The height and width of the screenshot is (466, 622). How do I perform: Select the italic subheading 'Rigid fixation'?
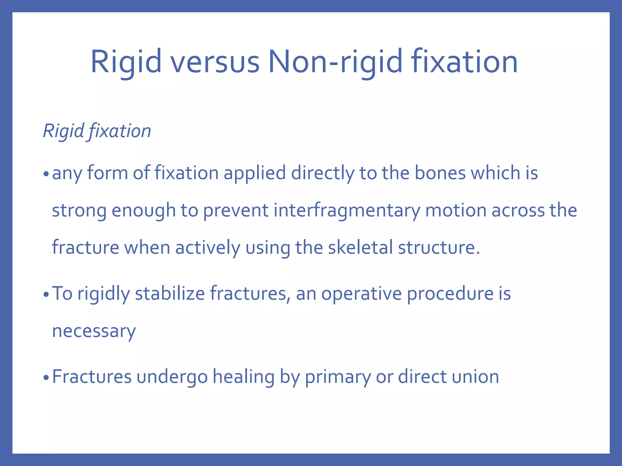[x=97, y=131]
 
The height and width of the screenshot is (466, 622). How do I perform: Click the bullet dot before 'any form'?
[x=46, y=174]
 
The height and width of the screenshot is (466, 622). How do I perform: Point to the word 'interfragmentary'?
[x=347, y=210]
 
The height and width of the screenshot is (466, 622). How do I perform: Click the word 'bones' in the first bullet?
[x=440, y=173]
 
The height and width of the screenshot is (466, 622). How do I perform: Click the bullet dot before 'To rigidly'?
[x=46, y=295]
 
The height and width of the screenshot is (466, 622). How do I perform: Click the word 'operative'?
[x=361, y=294]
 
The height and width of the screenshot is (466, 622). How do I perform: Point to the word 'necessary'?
[x=94, y=331]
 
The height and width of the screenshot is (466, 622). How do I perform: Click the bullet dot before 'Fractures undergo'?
[x=46, y=378]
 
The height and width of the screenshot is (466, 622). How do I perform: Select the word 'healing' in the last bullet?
[x=243, y=377]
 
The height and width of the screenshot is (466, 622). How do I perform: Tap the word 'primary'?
[x=338, y=377]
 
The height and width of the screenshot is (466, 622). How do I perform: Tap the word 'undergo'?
[x=172, y=377]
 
